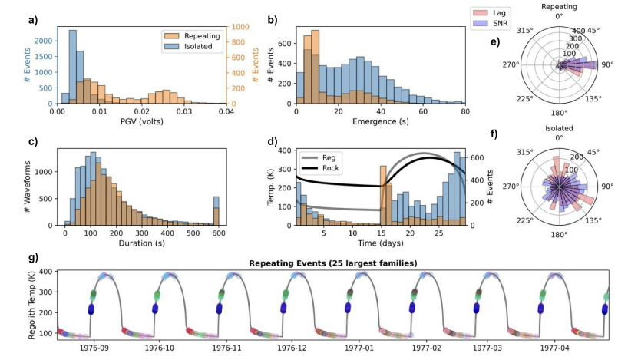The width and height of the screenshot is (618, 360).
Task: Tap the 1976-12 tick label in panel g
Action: (x=292, y=348)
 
